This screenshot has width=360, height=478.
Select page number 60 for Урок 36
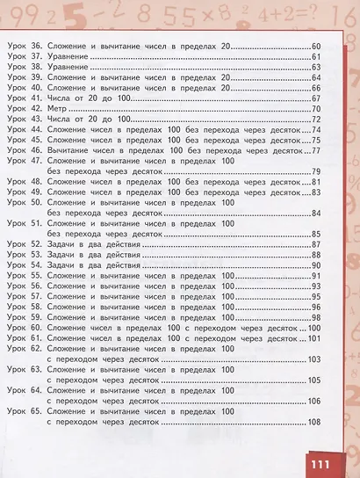(317, 46)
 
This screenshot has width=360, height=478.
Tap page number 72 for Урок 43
(317, 119)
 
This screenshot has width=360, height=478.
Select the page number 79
(317, 170)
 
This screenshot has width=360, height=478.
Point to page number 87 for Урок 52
(317, 244)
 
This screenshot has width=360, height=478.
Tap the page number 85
(317, 234)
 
